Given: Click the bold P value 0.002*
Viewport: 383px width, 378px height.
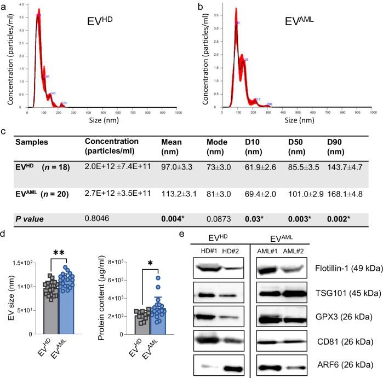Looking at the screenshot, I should [x=339, y=219].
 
